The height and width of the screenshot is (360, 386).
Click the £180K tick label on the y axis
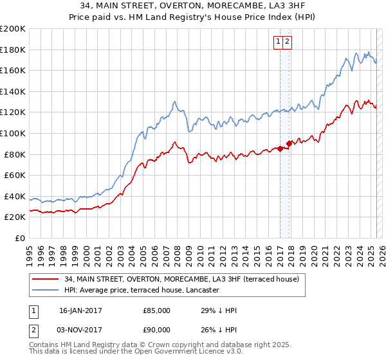click(13, 50)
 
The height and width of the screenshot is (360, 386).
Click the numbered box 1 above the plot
click(279, 42)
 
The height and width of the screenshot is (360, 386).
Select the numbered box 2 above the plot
click(287, 42)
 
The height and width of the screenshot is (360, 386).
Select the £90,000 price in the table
click(157, 329)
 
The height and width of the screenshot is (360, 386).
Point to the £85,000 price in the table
click(157, 310)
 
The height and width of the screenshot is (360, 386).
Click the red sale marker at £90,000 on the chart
click(289, 143)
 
